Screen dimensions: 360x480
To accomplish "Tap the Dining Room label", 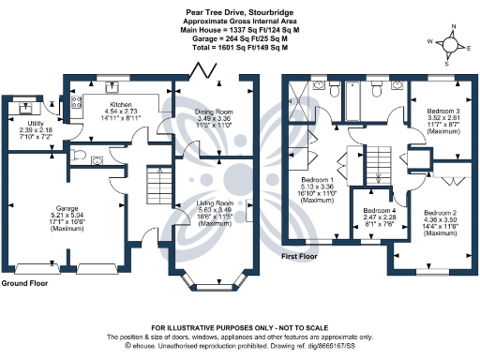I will (213, 112).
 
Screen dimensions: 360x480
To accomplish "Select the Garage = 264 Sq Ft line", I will (239, 37).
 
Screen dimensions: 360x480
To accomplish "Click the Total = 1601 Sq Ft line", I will (239, 46).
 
